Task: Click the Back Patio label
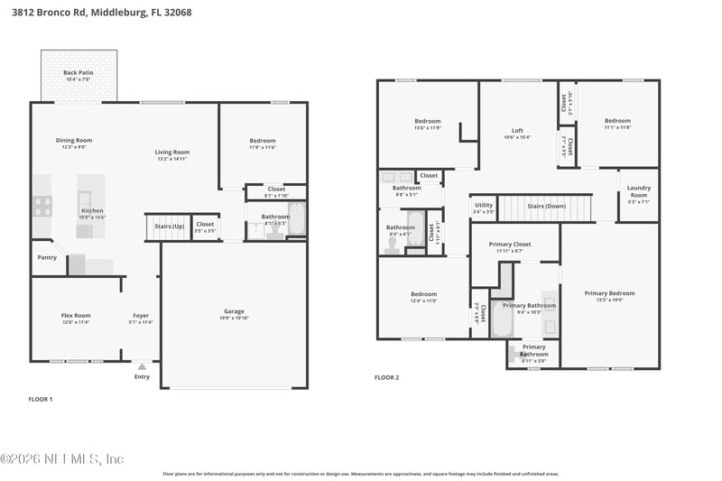(x=77, y=72)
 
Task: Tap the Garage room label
(x=234, y=311)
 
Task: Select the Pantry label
(x=47, y=257)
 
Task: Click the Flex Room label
(x=75, y=315)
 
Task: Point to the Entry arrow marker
(x=142, y=366)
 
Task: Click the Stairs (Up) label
(x=169, y=225)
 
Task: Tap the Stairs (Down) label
(x=546, y=206)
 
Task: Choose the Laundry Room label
(x=638, y=191)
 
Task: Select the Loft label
(x=517, y=130)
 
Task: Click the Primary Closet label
(x=510, y=244)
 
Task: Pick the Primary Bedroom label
(x=609, y=292)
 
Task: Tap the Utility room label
(x=484, y=205)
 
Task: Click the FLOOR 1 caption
(x=41, y=398)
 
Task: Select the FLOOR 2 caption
(x=386, y=377)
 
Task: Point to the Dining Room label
(x=74, y=140)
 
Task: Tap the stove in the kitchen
(x=42, y=207)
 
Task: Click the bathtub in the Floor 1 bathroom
(x=297, y=218)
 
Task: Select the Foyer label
(x=141, y=315)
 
